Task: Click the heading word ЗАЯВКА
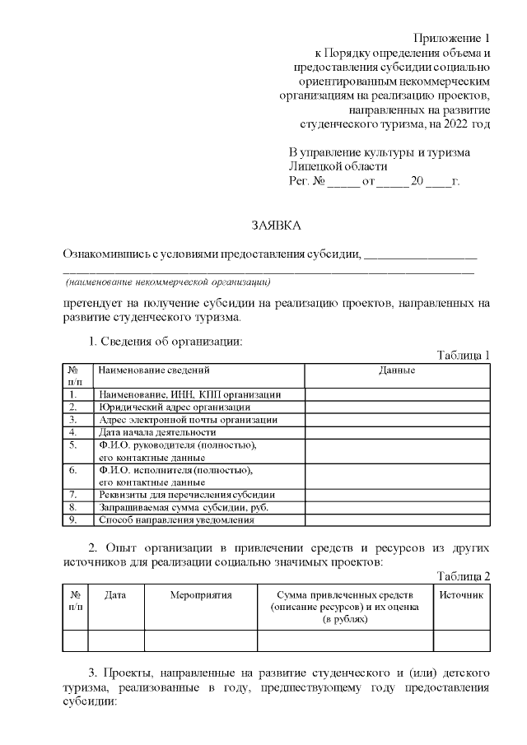(x=276, y=225)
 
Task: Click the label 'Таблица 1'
(x=463, y=355)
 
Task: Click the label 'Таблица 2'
(x=463, y=575)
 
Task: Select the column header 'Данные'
(x=397, y=371)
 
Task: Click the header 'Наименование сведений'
(x=154, y=371)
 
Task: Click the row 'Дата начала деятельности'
(x=157, y=431)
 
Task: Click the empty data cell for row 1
(x=397, y=394)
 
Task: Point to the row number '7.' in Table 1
(x=73, y=495)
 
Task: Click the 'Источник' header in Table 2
(x=461, y=594)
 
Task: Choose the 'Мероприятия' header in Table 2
(x=201, y=594)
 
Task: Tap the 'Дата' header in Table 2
(x=116, y=594)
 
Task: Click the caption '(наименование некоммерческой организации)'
(x=169, y=281)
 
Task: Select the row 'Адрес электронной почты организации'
(x=188, y=419)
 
